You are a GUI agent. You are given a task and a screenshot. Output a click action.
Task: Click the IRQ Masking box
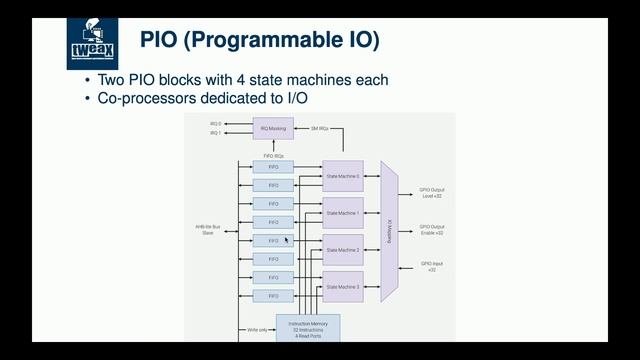click(x=274, y=128)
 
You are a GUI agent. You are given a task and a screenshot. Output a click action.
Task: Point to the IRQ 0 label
click(x=214, y=124)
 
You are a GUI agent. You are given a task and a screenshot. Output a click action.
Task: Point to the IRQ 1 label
click(x=214, y=133)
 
